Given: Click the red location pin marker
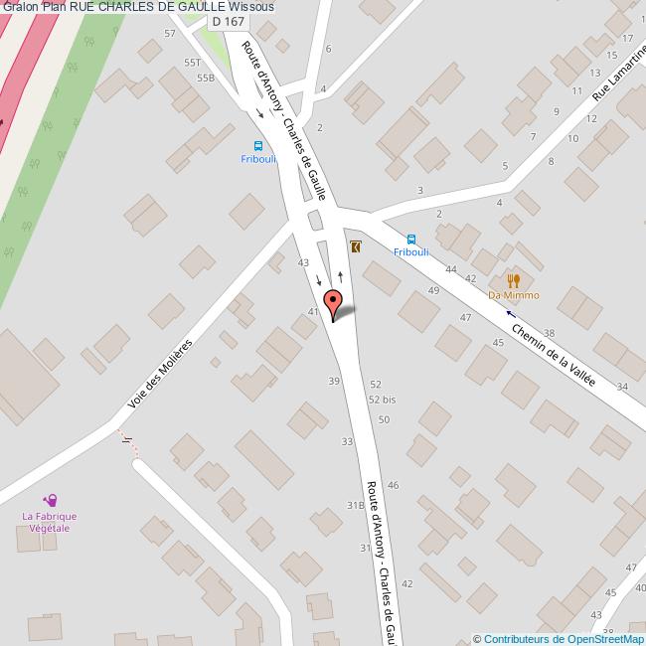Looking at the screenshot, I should point(334,301).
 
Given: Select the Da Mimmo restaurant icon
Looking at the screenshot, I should point(514,281).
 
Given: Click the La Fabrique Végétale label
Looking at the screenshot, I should point(50,523).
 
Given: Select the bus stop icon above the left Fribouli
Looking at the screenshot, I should point(254,143).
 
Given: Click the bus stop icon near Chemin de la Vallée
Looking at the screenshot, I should point(411,239).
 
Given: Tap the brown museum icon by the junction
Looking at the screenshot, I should point(356,245).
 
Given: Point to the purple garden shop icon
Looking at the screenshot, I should point(50,501).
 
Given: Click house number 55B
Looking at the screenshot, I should point(206,78).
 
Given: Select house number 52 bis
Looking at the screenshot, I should point(382,399).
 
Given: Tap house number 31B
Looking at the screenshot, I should point(354,506).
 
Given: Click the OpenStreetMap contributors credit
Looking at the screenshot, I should point(559,639).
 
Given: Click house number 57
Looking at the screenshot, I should point(170,34).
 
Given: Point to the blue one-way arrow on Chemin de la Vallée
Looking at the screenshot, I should point(511,313).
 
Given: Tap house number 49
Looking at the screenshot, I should point(433,289).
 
